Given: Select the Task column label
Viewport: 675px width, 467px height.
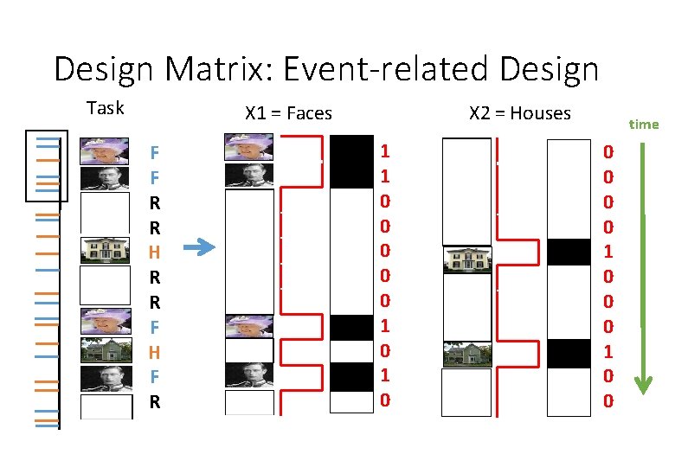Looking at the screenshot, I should tap(106, 108).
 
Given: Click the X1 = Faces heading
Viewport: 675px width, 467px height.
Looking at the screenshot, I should tap(288, 112).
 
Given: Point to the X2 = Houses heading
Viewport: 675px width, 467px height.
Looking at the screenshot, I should tap(519, 112).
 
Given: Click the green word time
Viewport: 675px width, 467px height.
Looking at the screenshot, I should tap(643, 124).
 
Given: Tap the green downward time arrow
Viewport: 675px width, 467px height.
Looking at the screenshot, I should tap(641, 268).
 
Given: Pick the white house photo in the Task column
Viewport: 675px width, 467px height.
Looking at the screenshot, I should tap(106, 250).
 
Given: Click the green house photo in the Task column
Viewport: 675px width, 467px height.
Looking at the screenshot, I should tap(106, 350).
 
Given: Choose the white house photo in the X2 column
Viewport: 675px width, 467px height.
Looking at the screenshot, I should tap(466, 259).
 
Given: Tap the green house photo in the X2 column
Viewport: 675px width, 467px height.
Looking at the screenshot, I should tap(466, 355).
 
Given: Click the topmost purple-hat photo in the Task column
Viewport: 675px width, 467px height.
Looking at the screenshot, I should tap(106, 151).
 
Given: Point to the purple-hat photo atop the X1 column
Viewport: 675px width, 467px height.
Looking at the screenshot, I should tap(249, 146).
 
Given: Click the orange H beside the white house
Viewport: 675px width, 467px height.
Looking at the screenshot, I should tap(154, 253).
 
